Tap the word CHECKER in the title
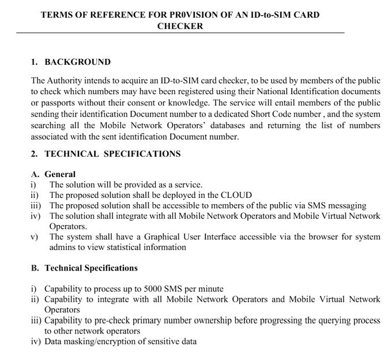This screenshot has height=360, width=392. [x=180, y=26]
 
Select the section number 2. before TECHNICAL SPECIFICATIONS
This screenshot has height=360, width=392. [x=34, y=154]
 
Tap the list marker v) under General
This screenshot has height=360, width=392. [x=33, y=237]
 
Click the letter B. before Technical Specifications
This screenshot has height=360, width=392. [x=34, y=268]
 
